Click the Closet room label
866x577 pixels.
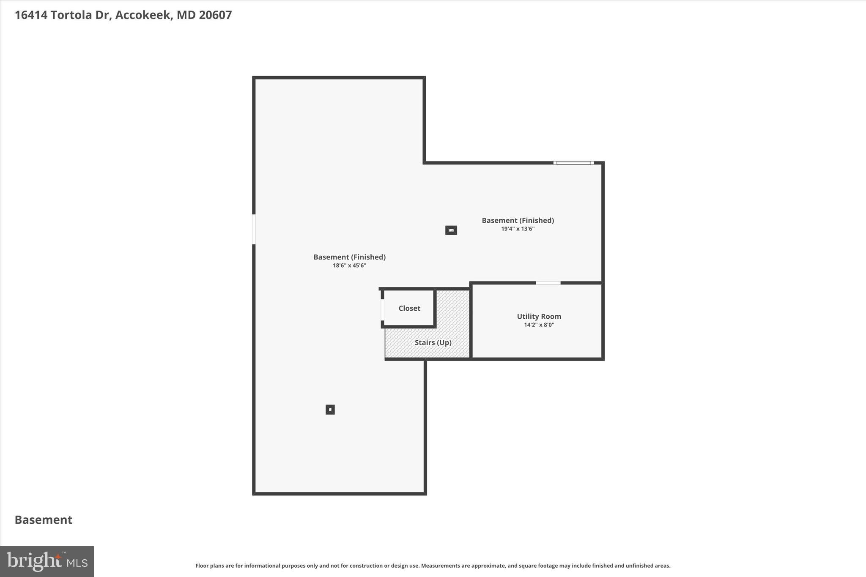click(409, 308)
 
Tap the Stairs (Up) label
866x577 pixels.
click(433, 342)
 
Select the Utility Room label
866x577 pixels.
click(539, 316)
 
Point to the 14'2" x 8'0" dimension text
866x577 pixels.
click(539, 325)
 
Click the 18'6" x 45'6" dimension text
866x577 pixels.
click(349, 265)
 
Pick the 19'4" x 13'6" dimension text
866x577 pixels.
click(518, 229)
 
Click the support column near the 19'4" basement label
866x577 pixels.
click(451, 230)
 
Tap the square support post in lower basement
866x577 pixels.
click(330, 409)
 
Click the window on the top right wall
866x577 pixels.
click(573, 163)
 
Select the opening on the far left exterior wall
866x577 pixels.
click(254, 229)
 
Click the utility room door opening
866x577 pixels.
click(548, 283)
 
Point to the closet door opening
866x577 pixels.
click(382, 310)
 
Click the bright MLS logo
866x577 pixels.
click(47, 561)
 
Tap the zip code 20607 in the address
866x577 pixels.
click(215, 15)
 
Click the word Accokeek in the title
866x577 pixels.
click(143, 15)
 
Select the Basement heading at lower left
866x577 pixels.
click(44, 520)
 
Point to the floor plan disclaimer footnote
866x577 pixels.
click(433, 566)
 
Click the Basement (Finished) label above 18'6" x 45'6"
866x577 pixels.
click(349, 257)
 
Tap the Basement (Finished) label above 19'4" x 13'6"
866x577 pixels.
click(518, 220)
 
